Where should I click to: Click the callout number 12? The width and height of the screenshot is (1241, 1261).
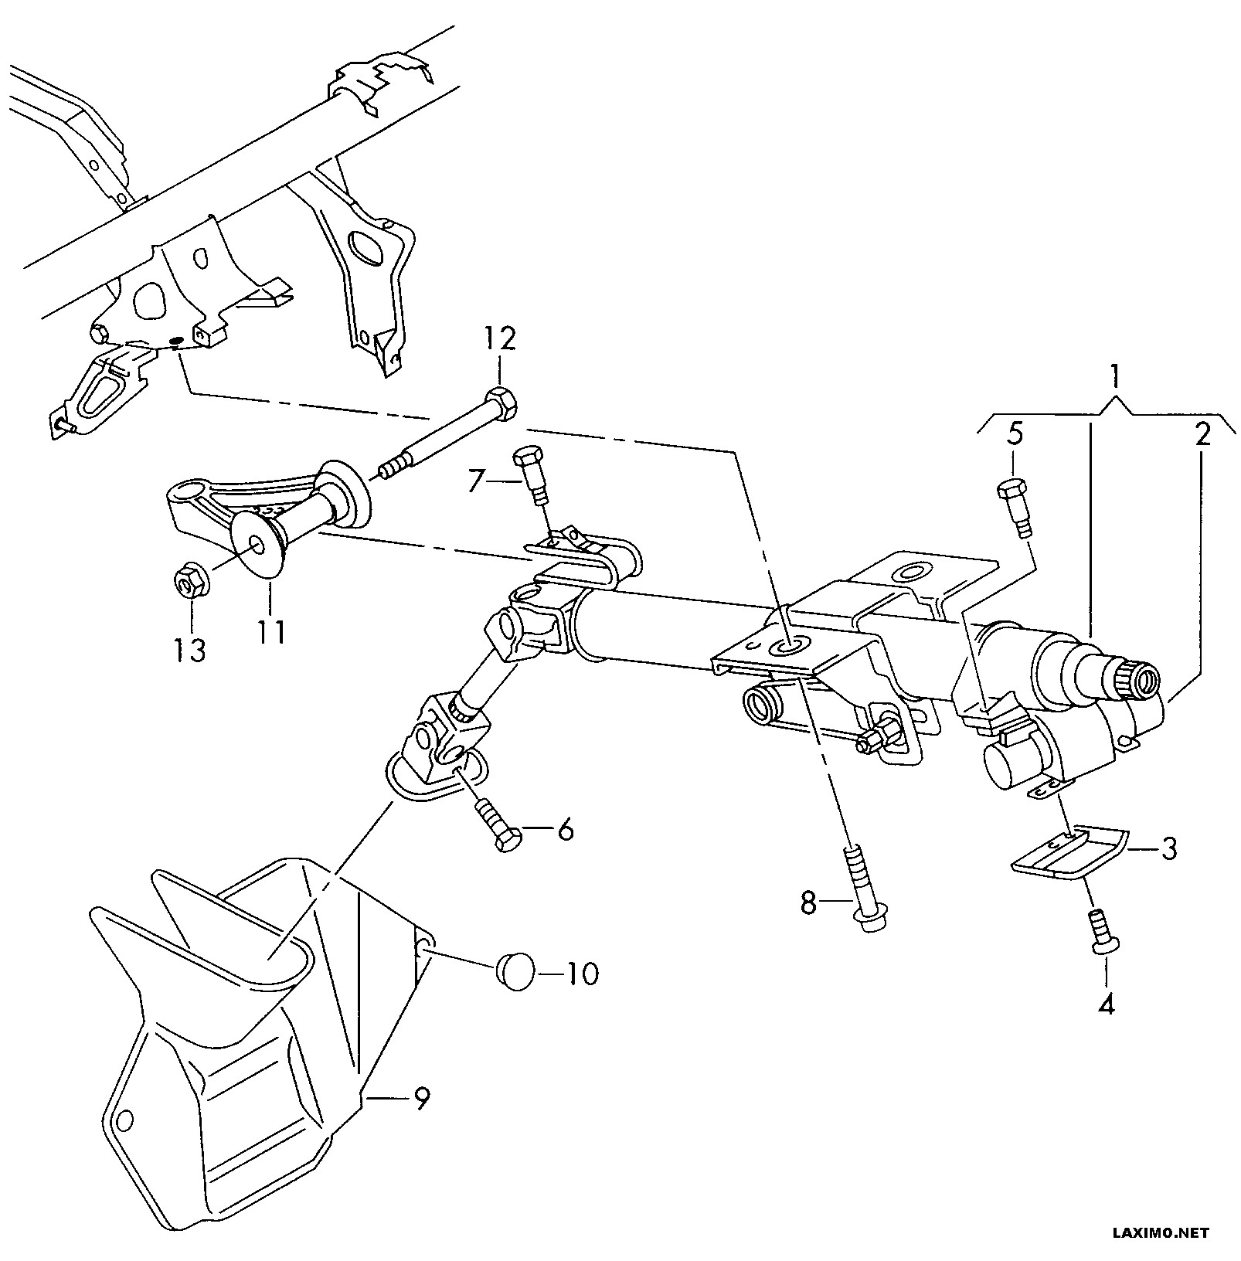click(500, 341)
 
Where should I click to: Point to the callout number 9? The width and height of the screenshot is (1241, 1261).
click(420, 1098)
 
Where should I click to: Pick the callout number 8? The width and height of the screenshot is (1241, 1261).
click(807, 902)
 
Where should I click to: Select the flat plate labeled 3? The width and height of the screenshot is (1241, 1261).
click(1070, 855)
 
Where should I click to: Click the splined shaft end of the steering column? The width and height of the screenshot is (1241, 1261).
click(1129, 678)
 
